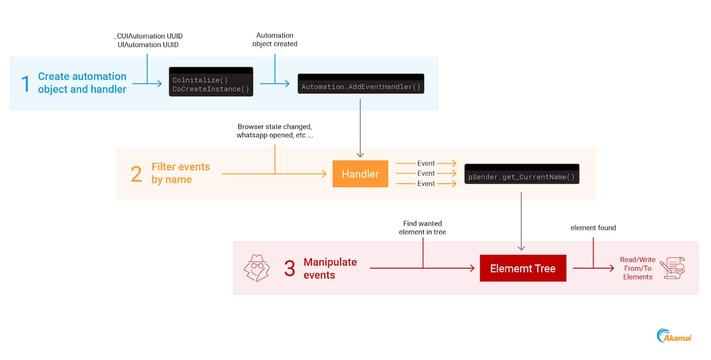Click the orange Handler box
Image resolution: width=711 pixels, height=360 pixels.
360,174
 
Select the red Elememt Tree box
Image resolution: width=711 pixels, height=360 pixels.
523,269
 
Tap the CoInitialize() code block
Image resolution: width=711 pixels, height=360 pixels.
211,82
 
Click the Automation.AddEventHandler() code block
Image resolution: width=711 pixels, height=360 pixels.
360,84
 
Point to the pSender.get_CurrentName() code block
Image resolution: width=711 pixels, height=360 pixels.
521,174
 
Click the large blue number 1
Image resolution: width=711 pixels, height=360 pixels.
26,83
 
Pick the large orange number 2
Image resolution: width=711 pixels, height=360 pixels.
136,174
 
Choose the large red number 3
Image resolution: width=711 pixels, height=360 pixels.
289,268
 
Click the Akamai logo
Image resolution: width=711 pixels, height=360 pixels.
674,336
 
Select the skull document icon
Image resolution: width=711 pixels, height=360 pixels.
672,268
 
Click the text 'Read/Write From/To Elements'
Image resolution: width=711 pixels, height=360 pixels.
637,268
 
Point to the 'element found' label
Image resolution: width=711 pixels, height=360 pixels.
593,228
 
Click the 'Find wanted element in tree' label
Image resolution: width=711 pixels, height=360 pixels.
423,228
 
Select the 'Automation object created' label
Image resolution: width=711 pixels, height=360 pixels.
275,40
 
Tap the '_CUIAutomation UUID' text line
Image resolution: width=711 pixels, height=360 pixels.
148,36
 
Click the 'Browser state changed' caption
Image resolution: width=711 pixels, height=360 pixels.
275,126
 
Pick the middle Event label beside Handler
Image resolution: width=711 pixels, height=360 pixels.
426,173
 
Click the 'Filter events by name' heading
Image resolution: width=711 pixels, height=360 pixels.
180,173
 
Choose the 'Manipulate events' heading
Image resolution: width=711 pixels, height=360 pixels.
330,268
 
